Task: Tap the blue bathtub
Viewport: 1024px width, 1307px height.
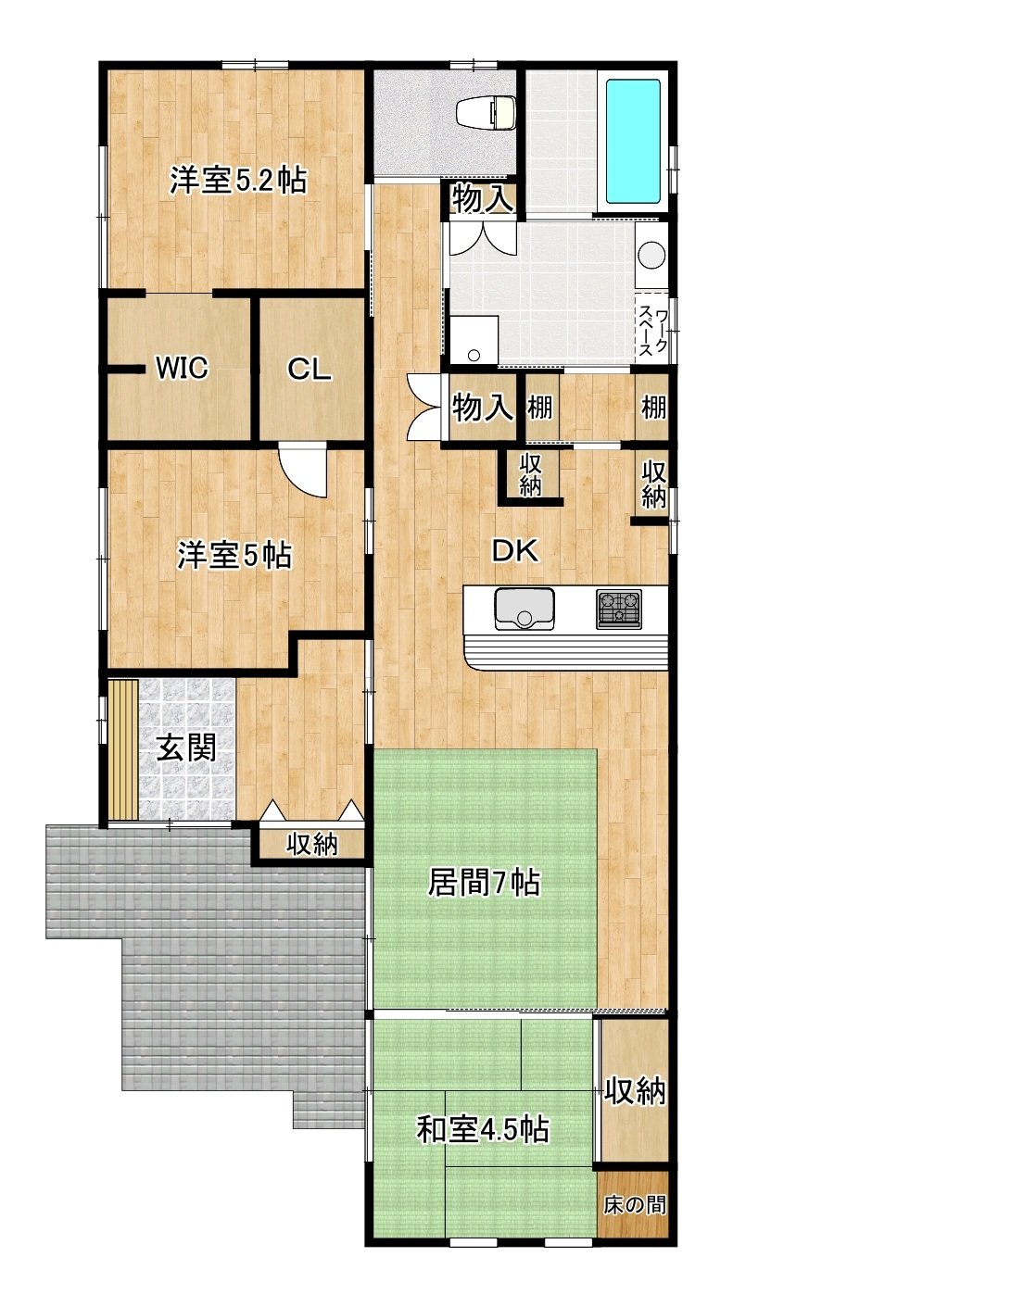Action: coord(632,142)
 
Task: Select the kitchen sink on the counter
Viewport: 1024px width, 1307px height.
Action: coord(524,609)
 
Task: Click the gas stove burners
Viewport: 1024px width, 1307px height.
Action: coord(618,610)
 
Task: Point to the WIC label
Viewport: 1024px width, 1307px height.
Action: coord(182,368)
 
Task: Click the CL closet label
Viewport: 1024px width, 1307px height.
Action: coord(309,370)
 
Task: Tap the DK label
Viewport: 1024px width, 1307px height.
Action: coord(515,550)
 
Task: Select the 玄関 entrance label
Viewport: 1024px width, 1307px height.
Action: coord(186,748)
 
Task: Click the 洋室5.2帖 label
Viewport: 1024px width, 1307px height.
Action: coord(238,180)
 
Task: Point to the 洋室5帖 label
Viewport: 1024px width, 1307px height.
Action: coord(234,555)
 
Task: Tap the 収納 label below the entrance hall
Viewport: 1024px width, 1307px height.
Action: coord(312,845)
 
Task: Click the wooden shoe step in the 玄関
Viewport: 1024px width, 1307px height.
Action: coord(123,748)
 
